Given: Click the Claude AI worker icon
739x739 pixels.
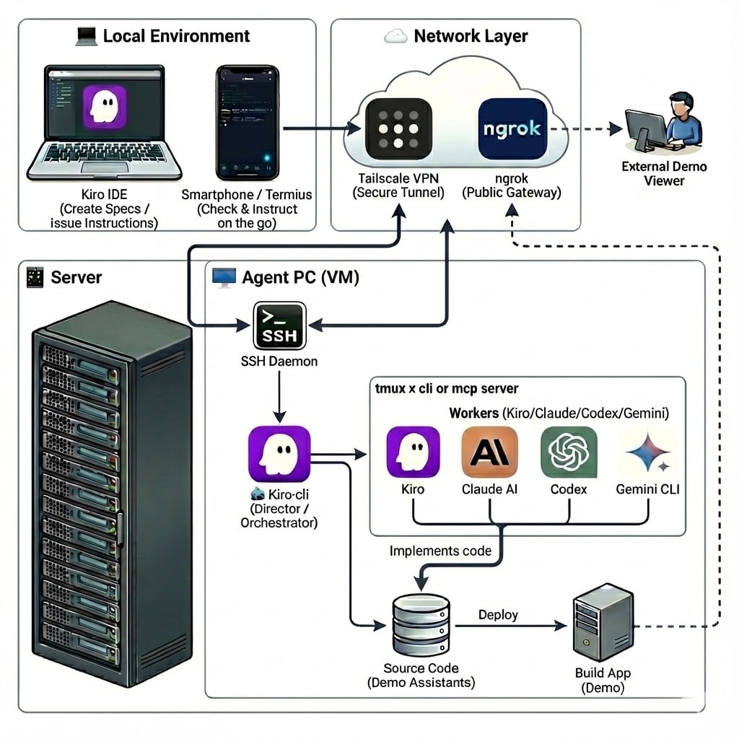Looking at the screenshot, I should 489,452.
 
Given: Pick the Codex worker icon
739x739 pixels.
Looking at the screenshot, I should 569,452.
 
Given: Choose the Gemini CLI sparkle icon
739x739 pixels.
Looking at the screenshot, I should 647,452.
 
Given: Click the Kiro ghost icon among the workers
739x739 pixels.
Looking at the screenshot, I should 413,452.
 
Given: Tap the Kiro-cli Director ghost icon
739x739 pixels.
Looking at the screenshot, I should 279,454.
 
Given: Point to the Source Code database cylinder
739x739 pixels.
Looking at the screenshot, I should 421,626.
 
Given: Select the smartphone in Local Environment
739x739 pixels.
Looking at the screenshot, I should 246,123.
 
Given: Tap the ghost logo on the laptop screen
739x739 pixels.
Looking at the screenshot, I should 105,108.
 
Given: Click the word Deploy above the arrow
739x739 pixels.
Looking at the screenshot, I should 498,615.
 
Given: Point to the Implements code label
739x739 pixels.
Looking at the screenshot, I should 440,551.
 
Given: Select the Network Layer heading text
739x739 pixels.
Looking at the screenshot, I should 471,36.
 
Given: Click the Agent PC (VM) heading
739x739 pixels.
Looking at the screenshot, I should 300,277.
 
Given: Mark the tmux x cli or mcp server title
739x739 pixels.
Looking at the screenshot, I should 447,389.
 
